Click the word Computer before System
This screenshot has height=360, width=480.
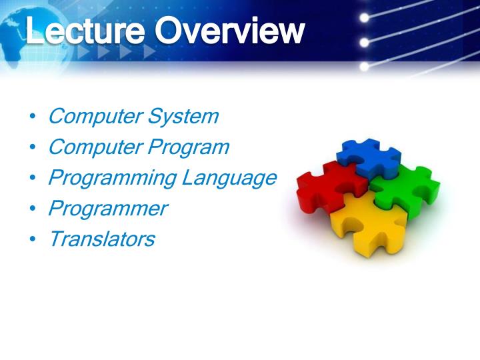[95, 117]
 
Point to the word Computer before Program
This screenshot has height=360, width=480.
[95, 147]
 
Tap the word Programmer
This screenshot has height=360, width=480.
[107, 209]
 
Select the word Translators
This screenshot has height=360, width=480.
[101, 239]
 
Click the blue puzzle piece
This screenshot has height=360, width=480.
[368, 159]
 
